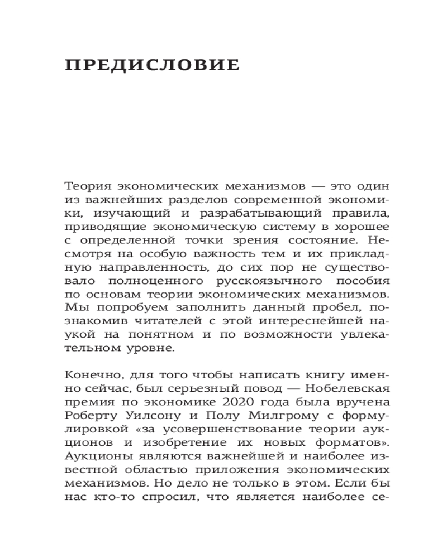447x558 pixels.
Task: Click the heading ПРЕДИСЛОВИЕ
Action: click(x=153, y=65)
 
